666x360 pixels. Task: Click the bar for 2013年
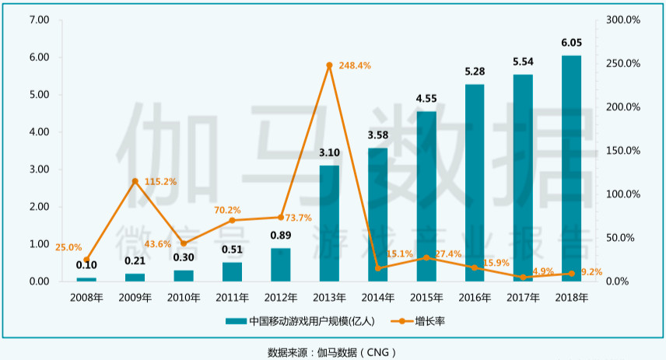[x=329, y=223]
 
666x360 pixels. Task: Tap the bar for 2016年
[x=475, y=183]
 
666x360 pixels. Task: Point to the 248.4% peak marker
[x=329, y=65]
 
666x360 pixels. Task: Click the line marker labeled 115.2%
[x=135, y=181]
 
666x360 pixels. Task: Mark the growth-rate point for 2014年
[x=378, y=268]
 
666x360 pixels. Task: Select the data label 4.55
[x=426, y=99]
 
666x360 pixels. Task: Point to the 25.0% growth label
[x=68, y=247]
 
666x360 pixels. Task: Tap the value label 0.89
[x=281, y=236]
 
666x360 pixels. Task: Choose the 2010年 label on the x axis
[x=184, y=297]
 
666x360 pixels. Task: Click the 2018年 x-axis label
[x=571, y=297]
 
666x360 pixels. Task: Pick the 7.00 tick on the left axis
[x=38, y=19]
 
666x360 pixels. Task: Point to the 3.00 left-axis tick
[x=38, y=170]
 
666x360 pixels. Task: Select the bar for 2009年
[x=135, y=277]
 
